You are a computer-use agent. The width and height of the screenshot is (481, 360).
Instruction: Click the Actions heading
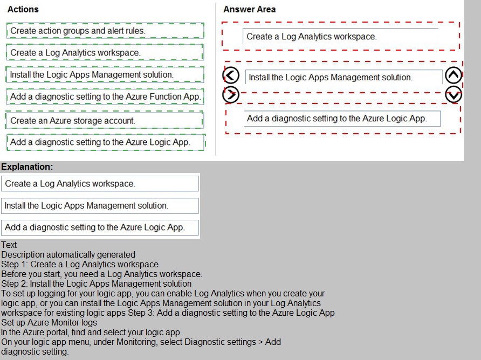(x=23, y=9)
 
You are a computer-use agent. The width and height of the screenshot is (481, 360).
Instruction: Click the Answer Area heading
(x=249, y=9)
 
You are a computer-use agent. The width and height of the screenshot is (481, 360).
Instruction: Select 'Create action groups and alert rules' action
(x=105, y=31)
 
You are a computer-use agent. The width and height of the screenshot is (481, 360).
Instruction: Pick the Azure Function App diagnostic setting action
(x=105, y=97)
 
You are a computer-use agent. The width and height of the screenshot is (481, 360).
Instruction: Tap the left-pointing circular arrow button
(x=231, y=76)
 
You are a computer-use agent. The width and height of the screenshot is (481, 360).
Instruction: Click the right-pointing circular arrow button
(x=231, y=94)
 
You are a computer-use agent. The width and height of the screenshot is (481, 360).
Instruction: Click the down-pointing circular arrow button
(x=454, y=94)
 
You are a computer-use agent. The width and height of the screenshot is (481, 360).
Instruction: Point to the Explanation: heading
(x=27, y=167)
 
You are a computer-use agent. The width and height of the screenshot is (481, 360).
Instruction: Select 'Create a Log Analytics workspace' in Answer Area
(x=340, y=37)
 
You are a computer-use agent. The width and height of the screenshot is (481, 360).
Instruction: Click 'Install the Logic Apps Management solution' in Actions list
(x=105, y=74)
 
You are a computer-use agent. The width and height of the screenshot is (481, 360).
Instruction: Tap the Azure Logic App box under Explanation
(x=100, y=227)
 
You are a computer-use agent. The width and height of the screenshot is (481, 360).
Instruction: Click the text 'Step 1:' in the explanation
(x=14, y=264)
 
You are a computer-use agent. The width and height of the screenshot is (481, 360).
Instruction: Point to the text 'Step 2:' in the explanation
(x=14, y=283)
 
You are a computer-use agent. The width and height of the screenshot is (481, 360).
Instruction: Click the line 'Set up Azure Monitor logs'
(x=49, y=322)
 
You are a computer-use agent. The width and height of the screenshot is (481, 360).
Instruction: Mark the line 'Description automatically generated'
(x=68, y=254)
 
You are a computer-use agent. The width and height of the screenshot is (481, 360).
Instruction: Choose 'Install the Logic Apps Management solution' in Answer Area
(x=343, y=78)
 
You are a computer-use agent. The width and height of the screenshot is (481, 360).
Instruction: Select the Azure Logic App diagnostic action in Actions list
(x=106, y=142)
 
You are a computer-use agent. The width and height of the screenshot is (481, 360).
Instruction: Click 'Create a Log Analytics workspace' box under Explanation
(x=100, y=184)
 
